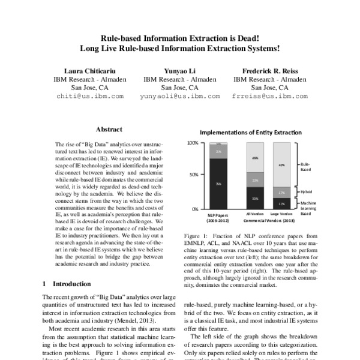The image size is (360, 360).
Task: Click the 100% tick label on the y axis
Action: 192,143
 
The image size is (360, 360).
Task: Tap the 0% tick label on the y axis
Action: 194,209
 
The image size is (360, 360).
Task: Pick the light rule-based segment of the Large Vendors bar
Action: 281,164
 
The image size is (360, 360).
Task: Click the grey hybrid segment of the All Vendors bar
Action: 255,180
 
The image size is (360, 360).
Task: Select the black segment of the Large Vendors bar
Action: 281,203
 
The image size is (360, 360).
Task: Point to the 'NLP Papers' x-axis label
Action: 217,213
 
